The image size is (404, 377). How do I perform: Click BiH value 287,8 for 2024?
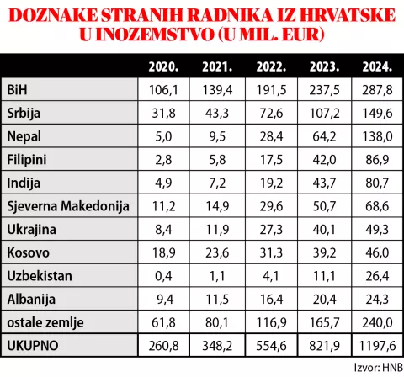click(x=375, y=90)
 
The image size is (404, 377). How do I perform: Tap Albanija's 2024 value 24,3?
click(x=375, y=298)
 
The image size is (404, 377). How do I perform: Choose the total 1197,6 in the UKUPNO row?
click(x=375, y=345)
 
